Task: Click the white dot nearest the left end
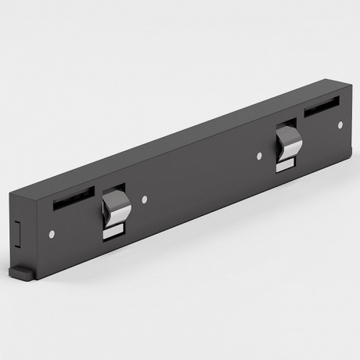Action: pos(51,233)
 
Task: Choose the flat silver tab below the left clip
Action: pos(115,230)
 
